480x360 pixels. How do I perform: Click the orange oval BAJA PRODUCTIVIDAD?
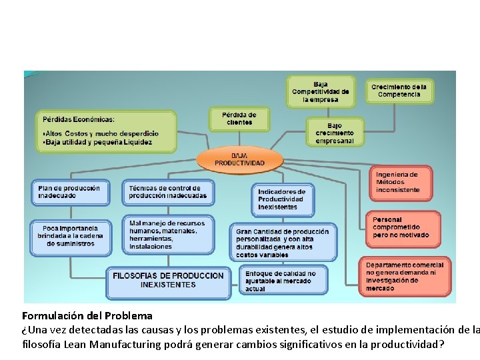click(x=239, y=159)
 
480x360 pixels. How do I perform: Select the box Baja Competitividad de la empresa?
click(x=320, y=92)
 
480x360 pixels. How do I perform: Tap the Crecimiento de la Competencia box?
click(x=399, y=91)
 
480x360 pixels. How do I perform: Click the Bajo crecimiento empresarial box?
click(x=334, y=133)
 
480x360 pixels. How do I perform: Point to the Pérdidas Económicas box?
click(x=105, y=131)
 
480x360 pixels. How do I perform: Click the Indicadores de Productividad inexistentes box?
click(x=282, y=199)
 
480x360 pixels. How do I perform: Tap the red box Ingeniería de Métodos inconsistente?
click(x=401, y=183)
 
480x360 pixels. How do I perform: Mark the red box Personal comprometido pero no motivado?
click(x=403, y=228)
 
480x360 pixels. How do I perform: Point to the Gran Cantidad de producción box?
click(x=282, y=243)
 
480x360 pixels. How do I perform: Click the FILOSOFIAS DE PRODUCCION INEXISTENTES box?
click(x=168, y=281)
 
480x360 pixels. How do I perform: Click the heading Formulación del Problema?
click(x=87, y=316)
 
